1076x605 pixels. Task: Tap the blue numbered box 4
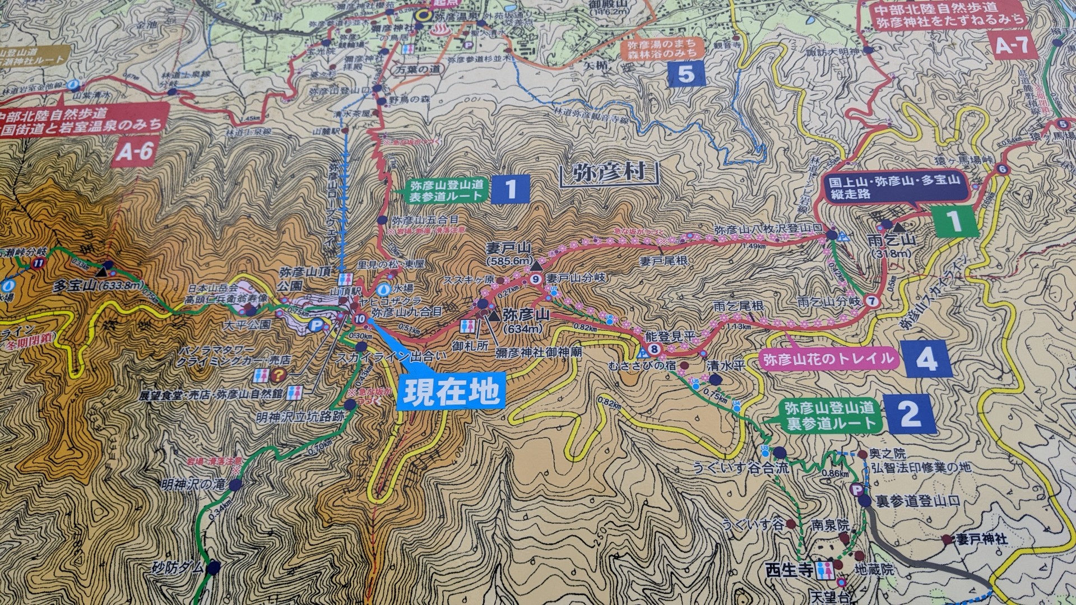(x=926, y=359)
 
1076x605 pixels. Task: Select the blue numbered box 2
(x=910, y=414)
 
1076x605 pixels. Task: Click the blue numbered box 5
(x=686, y=74)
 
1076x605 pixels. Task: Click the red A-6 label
(x=134, y=150)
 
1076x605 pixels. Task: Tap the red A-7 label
(x=1010, y=45)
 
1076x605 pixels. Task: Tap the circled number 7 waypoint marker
(x=871, y=301)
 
